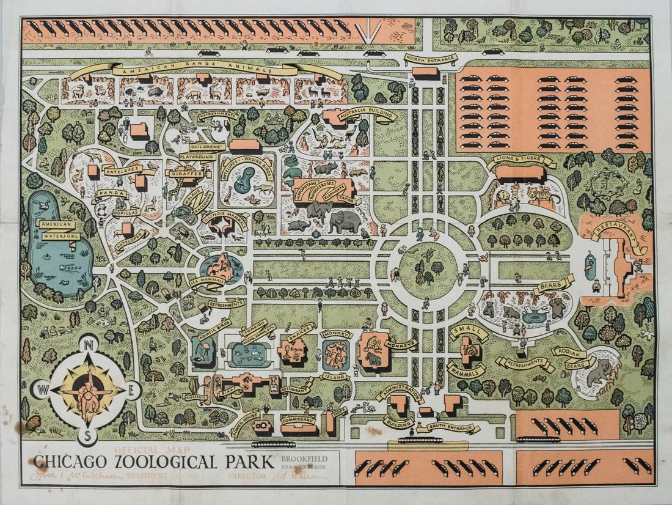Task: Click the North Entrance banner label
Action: [430, 59]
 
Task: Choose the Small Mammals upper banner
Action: [469, 333]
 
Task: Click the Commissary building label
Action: [298, 421]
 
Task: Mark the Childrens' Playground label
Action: [197, 152]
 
